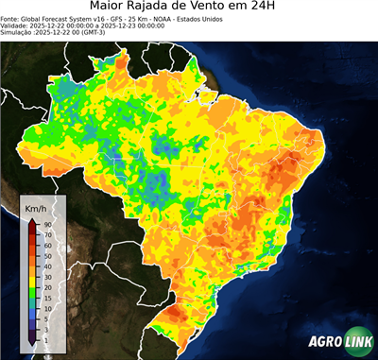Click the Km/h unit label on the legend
[x=37, y=208]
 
